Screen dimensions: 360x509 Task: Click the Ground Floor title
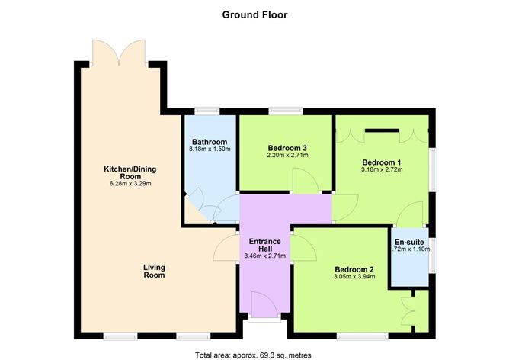point(254,14)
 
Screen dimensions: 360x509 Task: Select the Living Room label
point(155,272)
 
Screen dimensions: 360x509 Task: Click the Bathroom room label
point(210,142)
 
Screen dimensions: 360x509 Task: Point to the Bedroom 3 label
point(287,148)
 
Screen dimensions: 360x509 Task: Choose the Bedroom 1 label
point(381,162)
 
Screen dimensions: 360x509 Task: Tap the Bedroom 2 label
point(354,269)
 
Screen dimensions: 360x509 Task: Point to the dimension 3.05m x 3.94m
point(354,278)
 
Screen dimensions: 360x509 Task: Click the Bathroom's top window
point(207,112)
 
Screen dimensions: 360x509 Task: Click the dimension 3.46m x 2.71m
point(264,256)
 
